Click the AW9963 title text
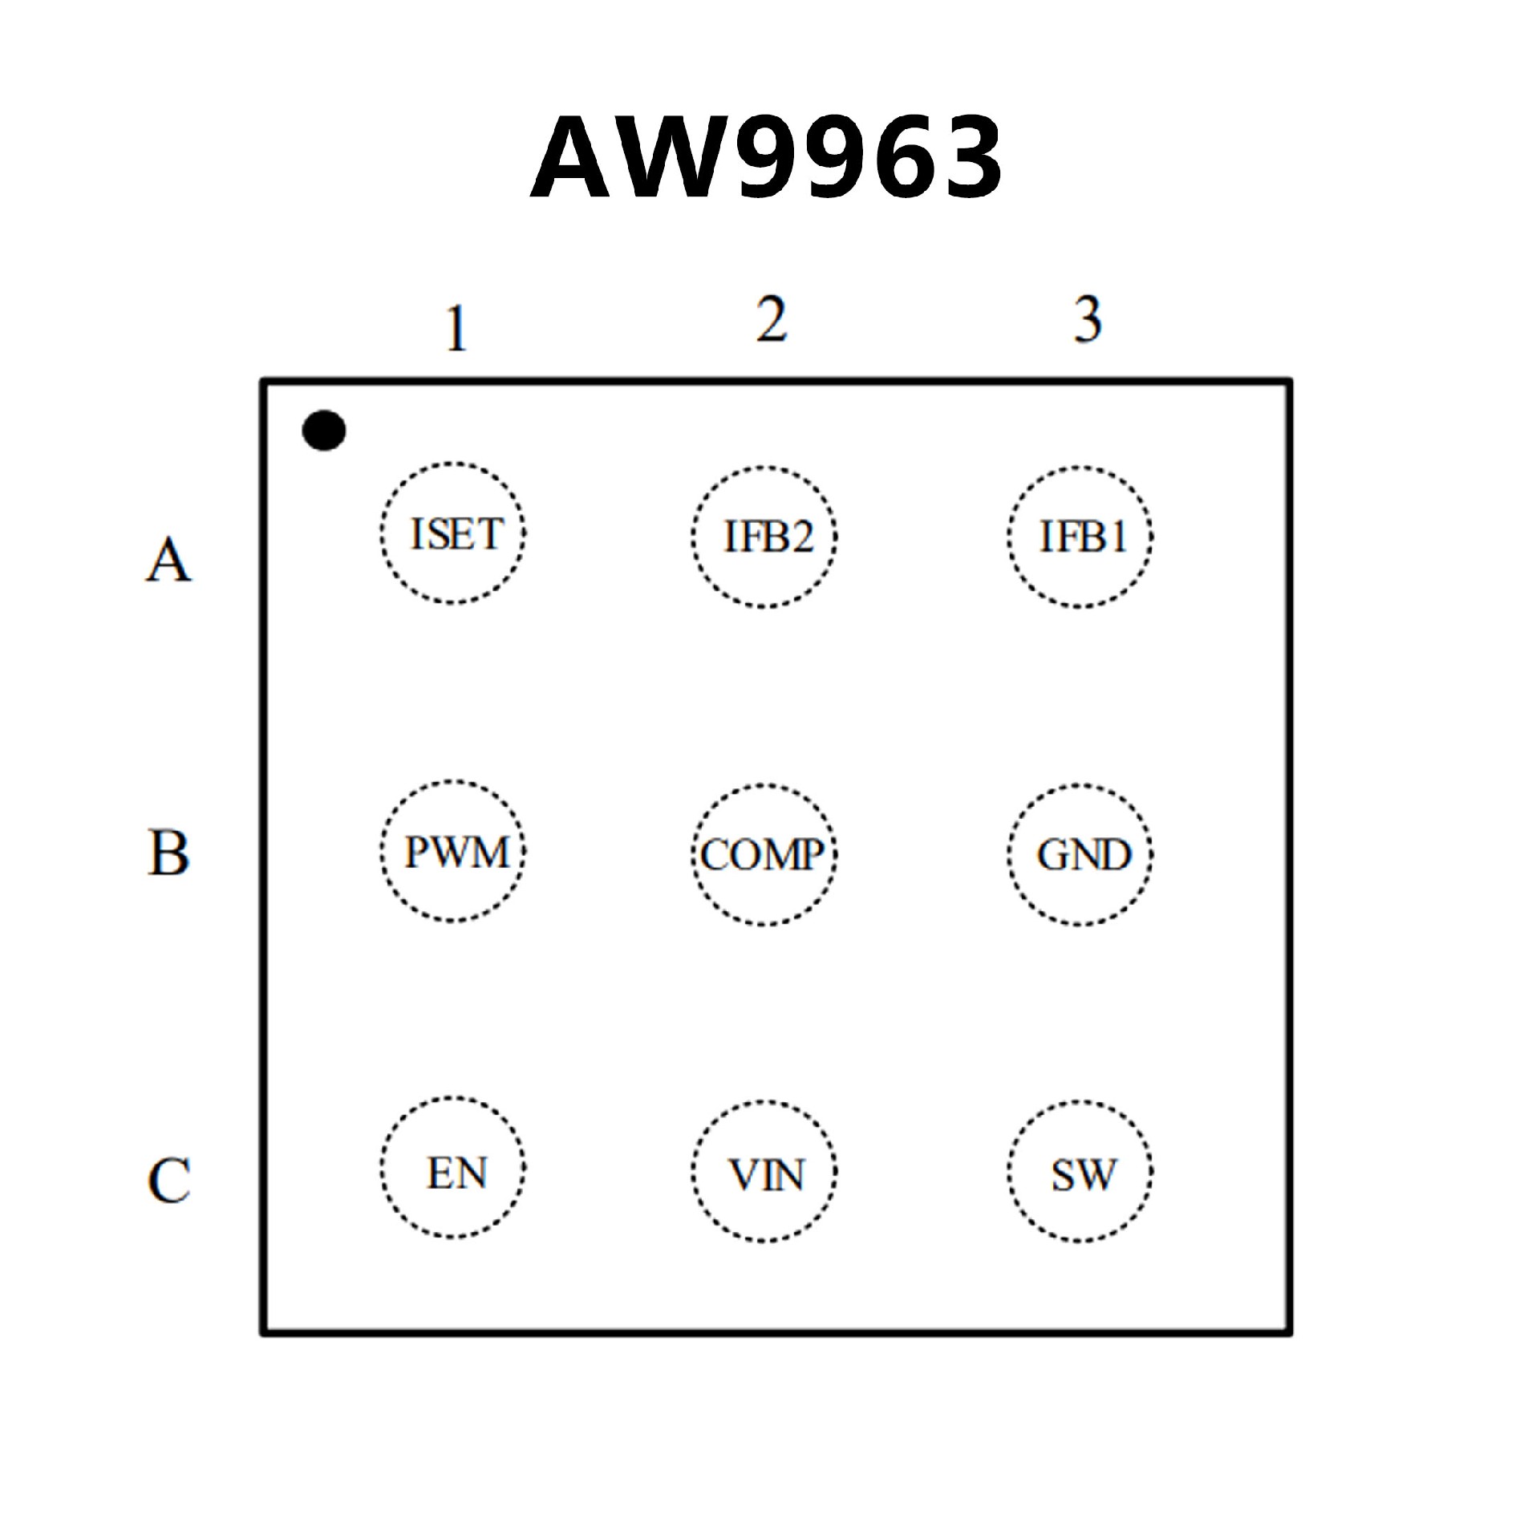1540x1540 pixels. (767, 157)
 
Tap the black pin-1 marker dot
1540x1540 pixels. (324, 431)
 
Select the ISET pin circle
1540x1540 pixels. (453, 533)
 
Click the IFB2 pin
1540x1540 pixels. (764, 536)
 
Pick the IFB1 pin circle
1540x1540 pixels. (1080, 536)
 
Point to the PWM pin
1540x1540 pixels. (453, 851)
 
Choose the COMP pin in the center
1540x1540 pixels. (764, 855)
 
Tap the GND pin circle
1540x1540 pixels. (1080, 855)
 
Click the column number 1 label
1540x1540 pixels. (456, 328)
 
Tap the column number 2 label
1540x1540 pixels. (772, 319)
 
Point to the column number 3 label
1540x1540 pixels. (1088, 319)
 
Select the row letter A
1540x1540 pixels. (168, 559)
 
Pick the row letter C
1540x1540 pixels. (168, 1179)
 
